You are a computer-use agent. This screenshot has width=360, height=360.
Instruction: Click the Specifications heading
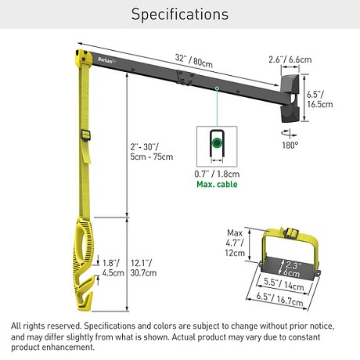tap(180, 14)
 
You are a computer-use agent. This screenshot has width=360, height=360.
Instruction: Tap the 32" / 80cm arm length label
tap(193, 61)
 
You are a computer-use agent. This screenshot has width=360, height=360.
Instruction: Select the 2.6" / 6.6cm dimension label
tap(290, 59)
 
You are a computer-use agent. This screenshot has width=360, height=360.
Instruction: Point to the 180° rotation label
tap(290, 145)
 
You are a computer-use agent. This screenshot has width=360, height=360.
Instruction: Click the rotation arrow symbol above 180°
tap(289, 133)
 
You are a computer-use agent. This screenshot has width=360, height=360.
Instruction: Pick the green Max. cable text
tap(217, 184)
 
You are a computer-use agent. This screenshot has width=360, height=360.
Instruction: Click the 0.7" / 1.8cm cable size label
tap(217, 174)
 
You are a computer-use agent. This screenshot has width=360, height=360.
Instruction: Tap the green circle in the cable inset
tap(217, 142)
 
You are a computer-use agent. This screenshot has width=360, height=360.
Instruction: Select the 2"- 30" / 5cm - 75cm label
tap(152, 152)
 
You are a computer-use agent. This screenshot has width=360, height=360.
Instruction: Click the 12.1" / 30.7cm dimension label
tap(143, 268)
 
